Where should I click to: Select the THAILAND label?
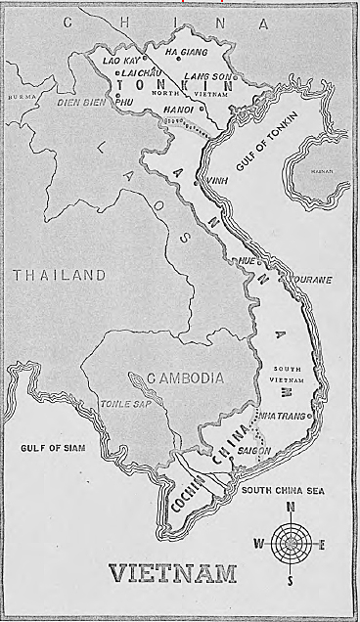pyautogui.click(x=59, y=276)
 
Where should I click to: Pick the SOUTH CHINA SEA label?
pyautogui.click(x=283, y=491)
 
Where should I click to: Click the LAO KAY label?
pyautogui.click(x=120, y=60)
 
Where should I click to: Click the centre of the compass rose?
pyautogui.click(x=291, y=541)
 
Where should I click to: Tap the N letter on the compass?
pyautogui.click(x=291, y=507)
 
